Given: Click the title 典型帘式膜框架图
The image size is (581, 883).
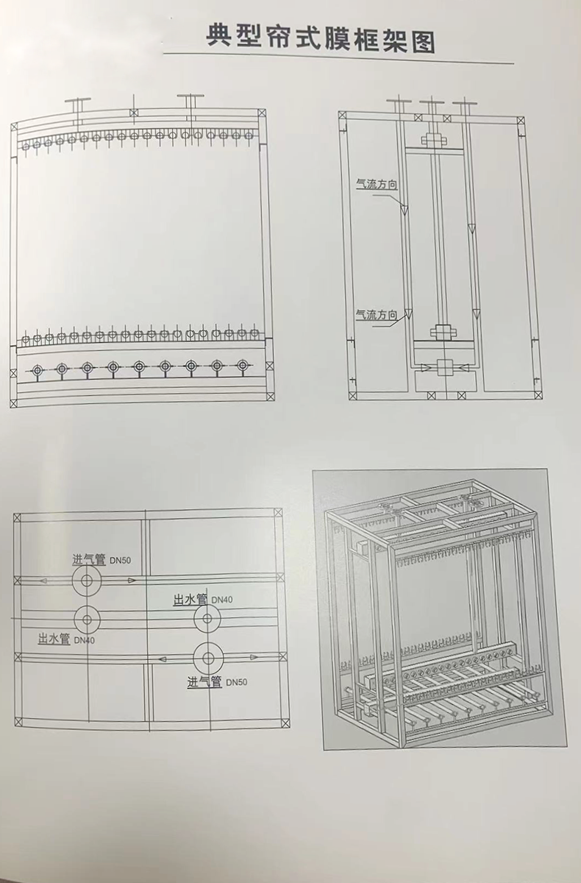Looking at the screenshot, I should point(321,38).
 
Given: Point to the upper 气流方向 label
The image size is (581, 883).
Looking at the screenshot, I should point(377,185).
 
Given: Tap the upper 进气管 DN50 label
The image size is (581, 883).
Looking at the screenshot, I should point(101,559).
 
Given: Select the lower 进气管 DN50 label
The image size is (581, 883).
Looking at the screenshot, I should point(216,682).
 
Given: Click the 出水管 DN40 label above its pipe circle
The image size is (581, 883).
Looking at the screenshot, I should point(203,600).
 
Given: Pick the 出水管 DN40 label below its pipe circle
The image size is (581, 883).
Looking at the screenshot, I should point(67,639).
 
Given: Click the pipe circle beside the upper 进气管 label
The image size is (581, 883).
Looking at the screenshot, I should point(87,581).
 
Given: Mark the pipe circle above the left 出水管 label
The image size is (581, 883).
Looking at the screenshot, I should point(88,620).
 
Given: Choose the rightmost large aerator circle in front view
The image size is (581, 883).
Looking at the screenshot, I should point(243,366).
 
